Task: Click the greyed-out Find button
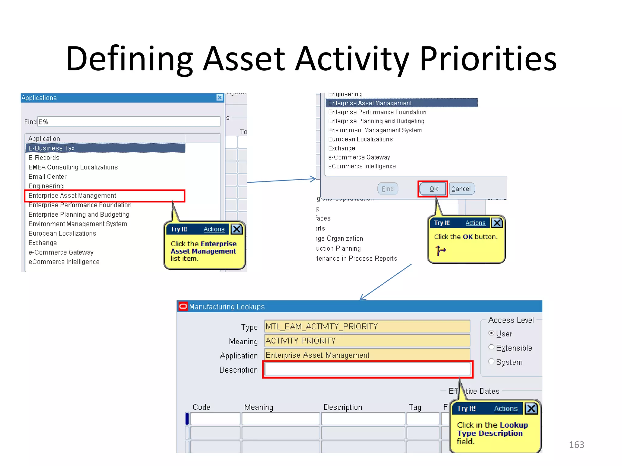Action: (388, 189)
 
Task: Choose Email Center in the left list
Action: (48, 177)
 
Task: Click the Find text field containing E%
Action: (129, 122)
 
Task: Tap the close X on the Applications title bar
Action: (219, 97)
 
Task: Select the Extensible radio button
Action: (491, 347)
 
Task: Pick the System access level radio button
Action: (491, 362)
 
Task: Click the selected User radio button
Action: (491, 333)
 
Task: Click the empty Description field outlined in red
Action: (367, 369)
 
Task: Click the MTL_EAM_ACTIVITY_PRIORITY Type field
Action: (367, 326)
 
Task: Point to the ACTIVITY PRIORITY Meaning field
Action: (367, 341)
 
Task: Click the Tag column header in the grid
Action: (415, 407)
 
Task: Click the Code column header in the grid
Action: (201, 407)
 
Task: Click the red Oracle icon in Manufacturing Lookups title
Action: (183, 306)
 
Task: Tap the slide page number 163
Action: (576, 445)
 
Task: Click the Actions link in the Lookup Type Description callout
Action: (506, 409)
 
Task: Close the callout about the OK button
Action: (497, 223)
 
